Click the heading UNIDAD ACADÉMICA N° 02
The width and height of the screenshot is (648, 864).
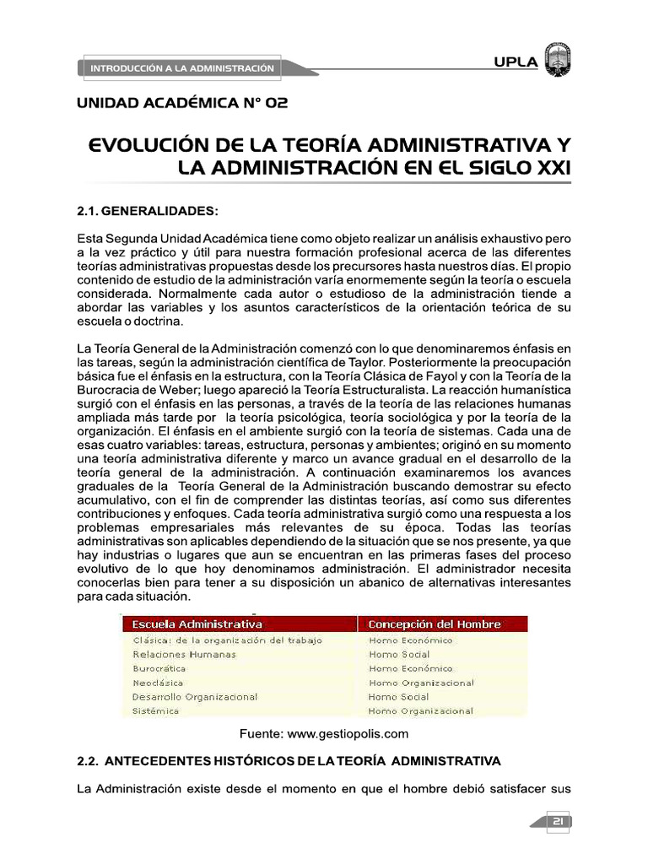(x=182, y=104)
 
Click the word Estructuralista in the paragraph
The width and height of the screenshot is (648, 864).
(x=385, y=391)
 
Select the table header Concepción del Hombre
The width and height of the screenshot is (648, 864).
(x=434, y=624)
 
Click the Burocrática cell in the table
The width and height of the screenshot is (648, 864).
(x=159, y=668)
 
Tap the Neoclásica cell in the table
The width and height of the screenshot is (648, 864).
(x=158, y=683)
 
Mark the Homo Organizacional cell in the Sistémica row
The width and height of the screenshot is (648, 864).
(x=421, y=711)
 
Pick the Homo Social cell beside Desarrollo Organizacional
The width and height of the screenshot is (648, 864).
(x=398, y=697)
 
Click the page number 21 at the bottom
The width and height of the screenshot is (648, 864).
(x=558, y=823)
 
